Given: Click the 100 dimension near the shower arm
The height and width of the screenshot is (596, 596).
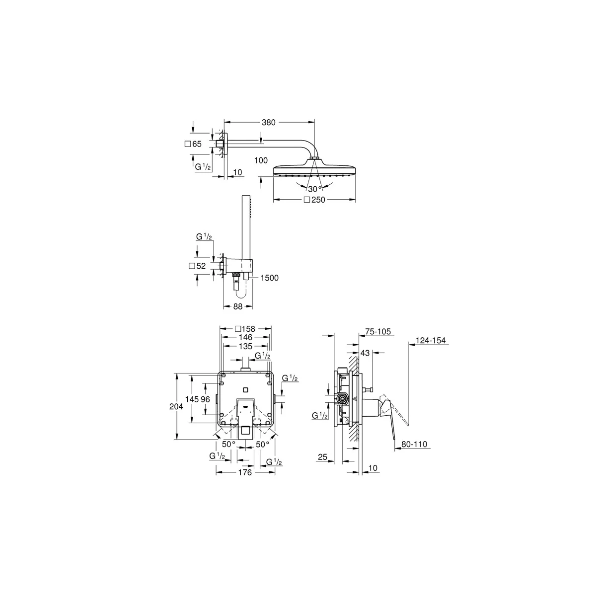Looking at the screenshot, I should click(x=260, y=160).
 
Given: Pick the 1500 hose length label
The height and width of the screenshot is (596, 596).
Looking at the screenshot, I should click(x=269, y=278).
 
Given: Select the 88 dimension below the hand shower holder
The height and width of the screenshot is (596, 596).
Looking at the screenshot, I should click(x=237, y=307).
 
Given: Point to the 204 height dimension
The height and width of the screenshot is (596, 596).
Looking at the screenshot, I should click(x=176, y=406).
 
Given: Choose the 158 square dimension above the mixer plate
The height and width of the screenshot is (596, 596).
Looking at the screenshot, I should click(x=246, y=329).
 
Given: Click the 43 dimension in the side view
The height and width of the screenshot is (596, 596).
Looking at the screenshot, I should click(x=365, y=353).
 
